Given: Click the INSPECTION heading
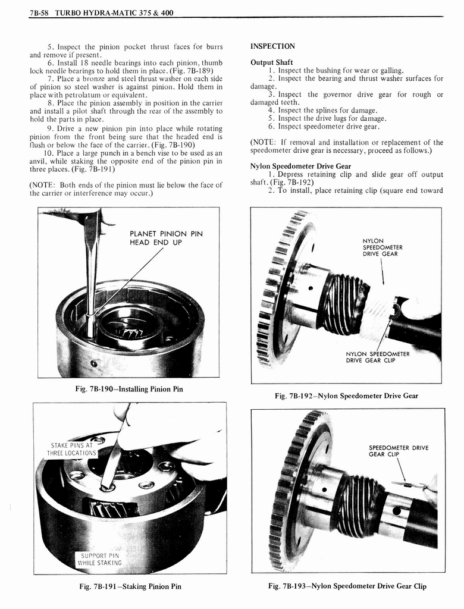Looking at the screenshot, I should click(272, 46).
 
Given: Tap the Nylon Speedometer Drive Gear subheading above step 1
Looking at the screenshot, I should click(300, 166).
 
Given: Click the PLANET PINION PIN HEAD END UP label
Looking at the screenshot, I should click(166, 238).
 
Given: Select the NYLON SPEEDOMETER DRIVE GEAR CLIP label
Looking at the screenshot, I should click(377, 357).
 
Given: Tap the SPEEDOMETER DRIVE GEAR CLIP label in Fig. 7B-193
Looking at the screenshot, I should click(398, 451).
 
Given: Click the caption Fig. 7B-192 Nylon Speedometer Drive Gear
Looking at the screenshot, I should click(346, 396).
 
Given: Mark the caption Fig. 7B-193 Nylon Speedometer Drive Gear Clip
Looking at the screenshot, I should click(347, 586).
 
